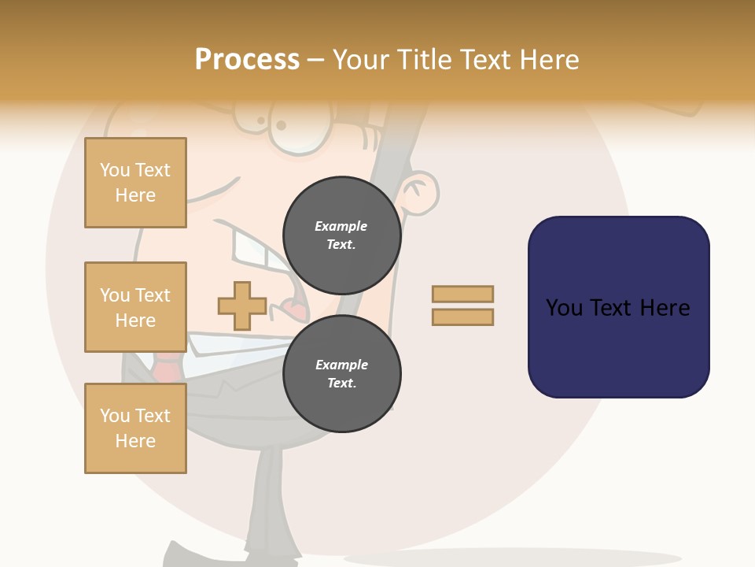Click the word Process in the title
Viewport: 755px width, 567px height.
coord(247,60)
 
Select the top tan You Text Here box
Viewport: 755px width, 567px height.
coord(135,183)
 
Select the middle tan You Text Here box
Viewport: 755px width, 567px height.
coord(135,307)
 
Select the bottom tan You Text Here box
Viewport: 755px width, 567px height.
coord(135,428)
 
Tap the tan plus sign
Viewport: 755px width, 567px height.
coord(241,306)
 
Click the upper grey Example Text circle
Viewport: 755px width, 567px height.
coord(341,235)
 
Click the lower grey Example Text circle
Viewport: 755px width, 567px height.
coord(341,373)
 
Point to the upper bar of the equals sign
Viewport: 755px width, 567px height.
coord(462,294)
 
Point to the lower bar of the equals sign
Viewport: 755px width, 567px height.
coord(462,317)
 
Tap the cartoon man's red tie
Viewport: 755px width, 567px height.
coord(166,367)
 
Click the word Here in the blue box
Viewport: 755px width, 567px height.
coord(665,308)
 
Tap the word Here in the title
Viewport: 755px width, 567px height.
coord(548,60)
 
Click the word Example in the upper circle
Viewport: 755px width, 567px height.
coord(341,226)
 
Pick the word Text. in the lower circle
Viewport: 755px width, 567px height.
coord(341,384)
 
